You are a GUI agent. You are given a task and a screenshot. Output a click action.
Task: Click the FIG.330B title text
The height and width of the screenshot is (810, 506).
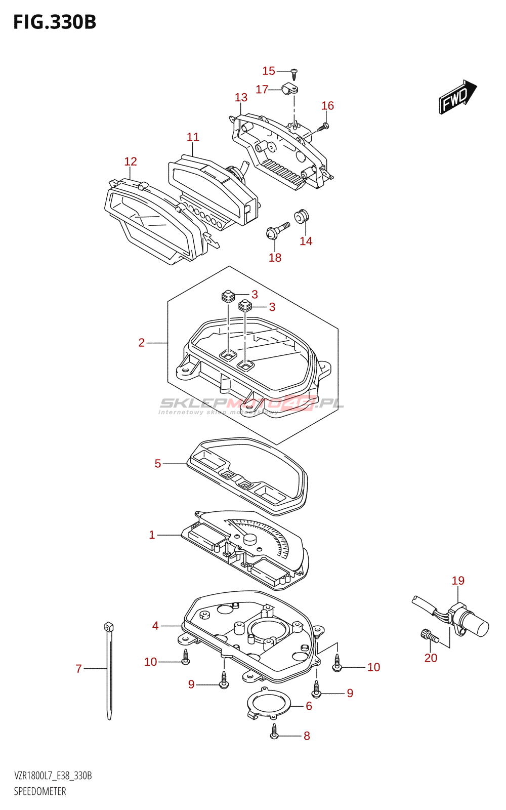[55, 23]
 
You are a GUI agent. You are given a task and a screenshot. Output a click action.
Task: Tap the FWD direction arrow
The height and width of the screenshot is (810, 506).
[457, 97]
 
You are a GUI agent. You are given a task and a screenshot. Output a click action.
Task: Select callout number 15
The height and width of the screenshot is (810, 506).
[269, 71]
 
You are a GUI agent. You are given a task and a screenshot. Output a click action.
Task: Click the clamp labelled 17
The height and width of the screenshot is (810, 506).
[290, 90]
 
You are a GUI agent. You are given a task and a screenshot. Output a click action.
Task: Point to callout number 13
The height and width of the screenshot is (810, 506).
[241, 97]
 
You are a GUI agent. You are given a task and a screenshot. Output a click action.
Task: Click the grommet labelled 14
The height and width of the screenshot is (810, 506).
[302, 216]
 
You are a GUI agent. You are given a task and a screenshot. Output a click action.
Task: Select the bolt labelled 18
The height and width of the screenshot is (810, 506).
[276, 231]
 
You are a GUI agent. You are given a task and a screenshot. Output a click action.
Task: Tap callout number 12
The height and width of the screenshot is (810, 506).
[131, 161]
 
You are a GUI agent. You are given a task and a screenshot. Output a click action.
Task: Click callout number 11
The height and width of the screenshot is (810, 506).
[193, 137]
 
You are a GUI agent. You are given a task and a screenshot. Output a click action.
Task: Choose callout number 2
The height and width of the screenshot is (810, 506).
[142, 343]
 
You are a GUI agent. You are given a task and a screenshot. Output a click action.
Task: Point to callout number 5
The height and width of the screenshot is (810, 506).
[158, 464]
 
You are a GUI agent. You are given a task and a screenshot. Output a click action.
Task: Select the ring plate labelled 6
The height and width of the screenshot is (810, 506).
[269, 703]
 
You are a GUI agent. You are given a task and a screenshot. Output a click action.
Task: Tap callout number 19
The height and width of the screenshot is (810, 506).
[458, 581]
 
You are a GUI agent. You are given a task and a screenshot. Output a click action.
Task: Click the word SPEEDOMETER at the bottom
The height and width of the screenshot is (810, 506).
[40, 791]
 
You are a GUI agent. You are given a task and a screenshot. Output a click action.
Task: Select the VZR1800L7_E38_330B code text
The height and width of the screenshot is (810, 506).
[53, 776]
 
